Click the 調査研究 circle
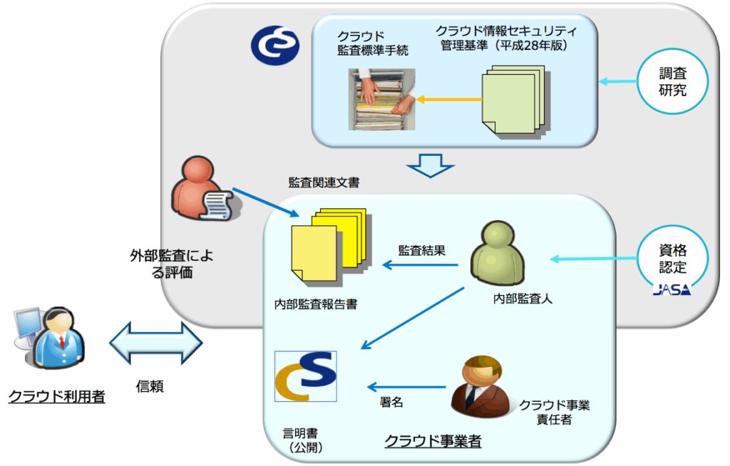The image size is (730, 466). click(x=672, y=81)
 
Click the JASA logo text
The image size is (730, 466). click(x=672, y=291)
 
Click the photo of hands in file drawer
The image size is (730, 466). click(x=381, y=100)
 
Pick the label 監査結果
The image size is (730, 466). click(x=421, y=250)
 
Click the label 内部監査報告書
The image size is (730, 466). click(x=315, y=304)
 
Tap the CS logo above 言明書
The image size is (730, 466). click(x=306, y=376)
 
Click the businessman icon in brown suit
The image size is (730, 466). click(x=478, y=386)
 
